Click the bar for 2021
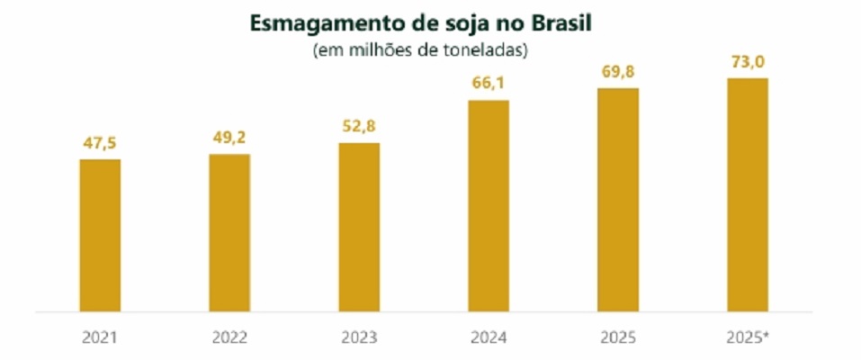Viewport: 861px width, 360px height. pyautogui.click(x=100, y=236)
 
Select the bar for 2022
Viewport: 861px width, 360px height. pyautogui.click(x=229, y=233)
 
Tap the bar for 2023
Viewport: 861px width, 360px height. pyautogui.click(x=359, y=228)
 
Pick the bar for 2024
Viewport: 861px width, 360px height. pyautogui.click(x=489, y=206)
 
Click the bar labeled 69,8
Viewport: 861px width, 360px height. pyautogui.click(x=618, y=200)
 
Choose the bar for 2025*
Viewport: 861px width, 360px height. pyautogui.click(x=748, y=195)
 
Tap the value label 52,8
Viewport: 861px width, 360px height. pyautogui.click(x=359, y=125)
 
